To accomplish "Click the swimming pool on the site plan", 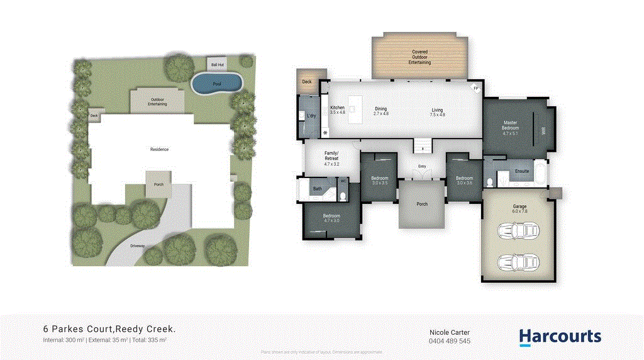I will [x=217, y=82].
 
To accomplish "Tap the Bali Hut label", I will [x=217, y=64].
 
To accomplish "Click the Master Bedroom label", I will [x=510, y=125].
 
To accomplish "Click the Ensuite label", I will [x=521, y=171].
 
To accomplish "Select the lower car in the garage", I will [x=518, y=261].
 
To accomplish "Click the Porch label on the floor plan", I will [x=422, y=204].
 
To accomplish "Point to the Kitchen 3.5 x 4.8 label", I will [x=338, y=111].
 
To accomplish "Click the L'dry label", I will [x=311, y=116].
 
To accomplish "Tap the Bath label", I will [x=318, y=188].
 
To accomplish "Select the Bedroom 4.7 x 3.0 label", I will [x=331, y=218].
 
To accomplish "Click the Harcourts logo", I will [x=560, y=337].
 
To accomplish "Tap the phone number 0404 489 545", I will [x=450, y=340].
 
